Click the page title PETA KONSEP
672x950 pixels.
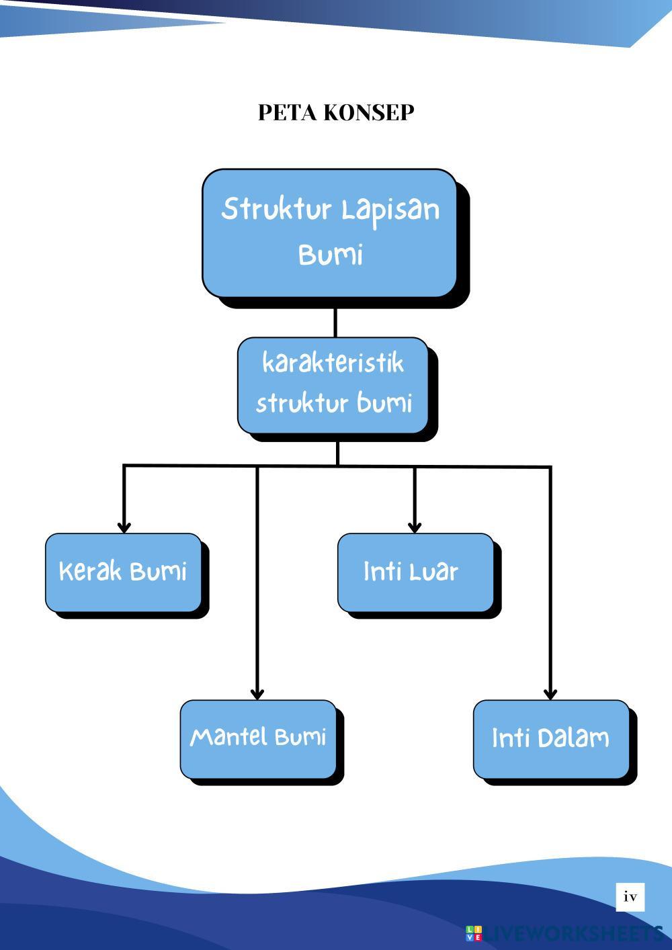[335, 112]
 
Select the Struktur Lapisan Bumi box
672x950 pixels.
[329, 232]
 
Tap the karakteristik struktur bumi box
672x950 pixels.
[333, 385]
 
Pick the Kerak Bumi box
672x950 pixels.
[123, 572]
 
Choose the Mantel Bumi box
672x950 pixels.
[258, 738]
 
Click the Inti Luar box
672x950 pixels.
[415, 572]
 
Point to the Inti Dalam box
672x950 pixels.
[551, 738]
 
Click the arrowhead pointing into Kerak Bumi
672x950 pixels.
[124, 527]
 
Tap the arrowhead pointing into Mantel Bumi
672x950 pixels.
[257, 694]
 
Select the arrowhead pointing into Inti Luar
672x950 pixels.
[415, 527]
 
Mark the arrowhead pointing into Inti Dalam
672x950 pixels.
[550, 694]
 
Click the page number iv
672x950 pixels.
[630, 897]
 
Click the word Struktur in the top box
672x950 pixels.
[277, 209]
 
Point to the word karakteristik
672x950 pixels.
[333, 363]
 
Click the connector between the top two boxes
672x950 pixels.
[335, 322]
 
